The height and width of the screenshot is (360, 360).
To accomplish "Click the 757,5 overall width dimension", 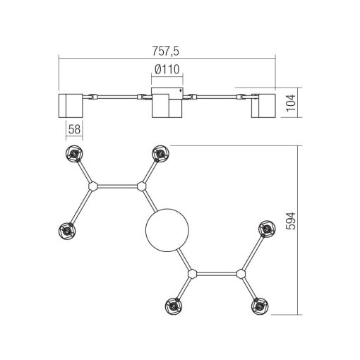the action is point(166,51).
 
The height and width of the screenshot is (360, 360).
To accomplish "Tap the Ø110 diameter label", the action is point(167,69).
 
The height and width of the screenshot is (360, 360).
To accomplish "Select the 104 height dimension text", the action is point(291,103).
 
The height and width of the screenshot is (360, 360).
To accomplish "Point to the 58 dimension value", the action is point(74,129).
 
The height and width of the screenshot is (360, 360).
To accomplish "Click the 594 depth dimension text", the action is point(291,221).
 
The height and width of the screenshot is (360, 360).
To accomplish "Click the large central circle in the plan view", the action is point(167,230).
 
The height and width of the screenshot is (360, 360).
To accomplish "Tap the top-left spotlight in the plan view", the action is point(74,154).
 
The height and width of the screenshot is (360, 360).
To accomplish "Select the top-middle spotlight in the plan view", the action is point(161,154).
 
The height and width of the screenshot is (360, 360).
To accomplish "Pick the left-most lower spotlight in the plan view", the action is point(67,231).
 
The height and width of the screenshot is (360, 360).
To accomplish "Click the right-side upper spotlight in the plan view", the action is point(268,229).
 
